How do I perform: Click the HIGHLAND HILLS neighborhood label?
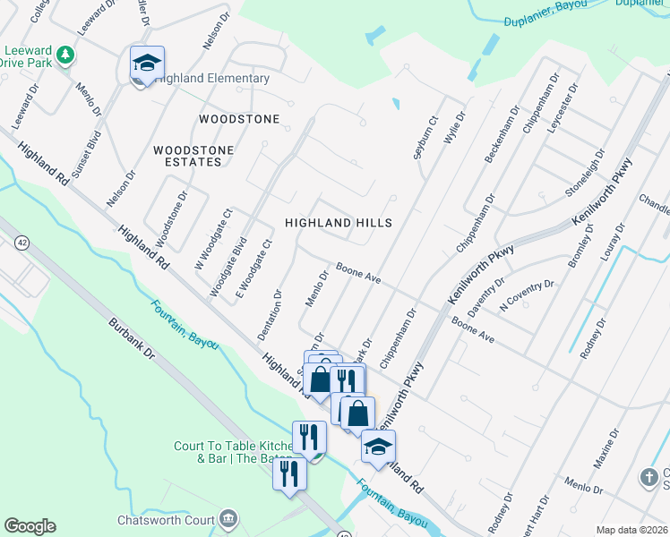pyautogui.click(x=339, y=222)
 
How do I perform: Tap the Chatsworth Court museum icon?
pyautogui.click(x=229, y=518)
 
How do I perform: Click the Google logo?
pyautogui.click(x=30, y=526)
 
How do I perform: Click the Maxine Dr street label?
pyautogui.click(x=606, y=450)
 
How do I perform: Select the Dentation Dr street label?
pyautogui.click(x=270, y=314)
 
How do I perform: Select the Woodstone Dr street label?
pyautogui.click(x=171, y=218)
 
